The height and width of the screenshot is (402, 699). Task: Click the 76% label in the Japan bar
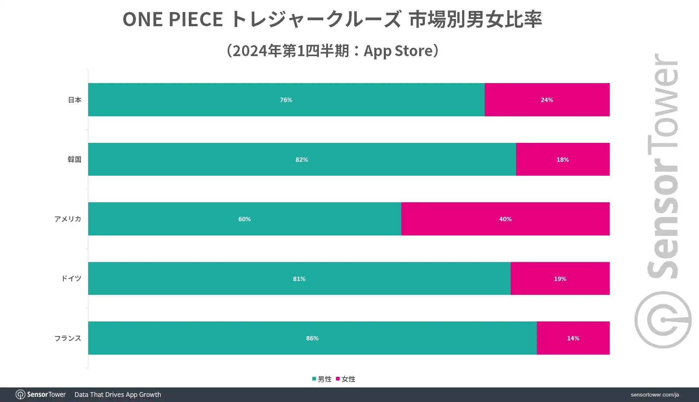coord(286,100)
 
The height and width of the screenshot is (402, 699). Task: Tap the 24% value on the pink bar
coord(547,100)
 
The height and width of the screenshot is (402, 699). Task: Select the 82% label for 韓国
coord(302,160)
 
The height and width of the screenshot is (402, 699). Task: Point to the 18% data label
coord(562,160)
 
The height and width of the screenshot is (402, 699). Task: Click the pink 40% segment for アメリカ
coord(505,219)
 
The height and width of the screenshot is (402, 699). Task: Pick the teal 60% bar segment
coord(245,219)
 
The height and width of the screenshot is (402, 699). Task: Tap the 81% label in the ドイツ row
coord(299,279)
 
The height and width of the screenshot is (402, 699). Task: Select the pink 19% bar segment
coord(560,279)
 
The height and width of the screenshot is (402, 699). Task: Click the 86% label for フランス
coord(312,338)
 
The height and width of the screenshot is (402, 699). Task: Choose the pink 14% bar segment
coord(573,338)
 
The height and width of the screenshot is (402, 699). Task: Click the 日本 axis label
coord(75,100)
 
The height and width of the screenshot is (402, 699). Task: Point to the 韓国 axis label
coord(74,160)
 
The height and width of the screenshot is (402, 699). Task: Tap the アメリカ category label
coord(68,219)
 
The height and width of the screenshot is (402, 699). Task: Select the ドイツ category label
coord(71,279)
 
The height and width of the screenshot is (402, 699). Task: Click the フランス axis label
coord(68,338)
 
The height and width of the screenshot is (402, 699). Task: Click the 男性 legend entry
coord(322,379)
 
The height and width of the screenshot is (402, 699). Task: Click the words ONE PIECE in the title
coord(173,19)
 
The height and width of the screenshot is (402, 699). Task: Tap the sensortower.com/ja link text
coord(655,395)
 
